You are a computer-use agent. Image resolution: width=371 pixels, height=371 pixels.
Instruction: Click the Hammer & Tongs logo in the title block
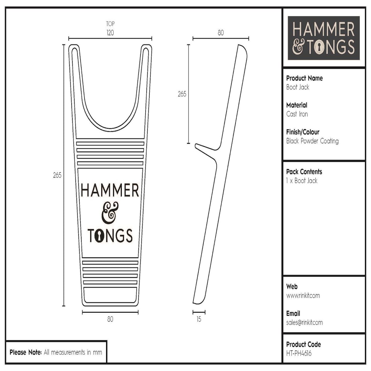[323, 38]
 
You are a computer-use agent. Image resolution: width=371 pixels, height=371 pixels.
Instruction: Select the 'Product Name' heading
[304, 78]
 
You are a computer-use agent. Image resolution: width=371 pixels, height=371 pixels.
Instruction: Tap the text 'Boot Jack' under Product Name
[298, 87]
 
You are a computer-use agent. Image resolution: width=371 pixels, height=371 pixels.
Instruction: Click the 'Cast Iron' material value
[297, 114]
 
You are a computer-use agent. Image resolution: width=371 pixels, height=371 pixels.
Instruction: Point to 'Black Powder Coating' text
[312, 141]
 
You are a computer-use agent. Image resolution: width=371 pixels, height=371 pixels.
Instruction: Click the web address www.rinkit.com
[303, 296]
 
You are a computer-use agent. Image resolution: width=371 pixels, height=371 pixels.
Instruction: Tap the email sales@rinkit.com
[304, 322]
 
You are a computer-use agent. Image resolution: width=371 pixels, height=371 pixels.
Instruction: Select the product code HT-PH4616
[299, 353]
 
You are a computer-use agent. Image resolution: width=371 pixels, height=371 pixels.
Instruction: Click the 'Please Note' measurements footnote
[56, 352]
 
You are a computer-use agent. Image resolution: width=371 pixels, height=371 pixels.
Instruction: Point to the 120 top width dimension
[110, 33]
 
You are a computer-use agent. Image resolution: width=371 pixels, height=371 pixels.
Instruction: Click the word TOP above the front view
[110, 24]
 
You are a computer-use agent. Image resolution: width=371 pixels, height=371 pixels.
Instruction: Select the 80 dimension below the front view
[110, 319]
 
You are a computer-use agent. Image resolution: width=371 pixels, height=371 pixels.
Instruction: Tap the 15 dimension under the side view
[199, 319]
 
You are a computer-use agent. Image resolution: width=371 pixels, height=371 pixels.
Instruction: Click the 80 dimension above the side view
[220, 33]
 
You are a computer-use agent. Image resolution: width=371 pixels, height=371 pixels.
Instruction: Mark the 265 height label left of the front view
[57, 175]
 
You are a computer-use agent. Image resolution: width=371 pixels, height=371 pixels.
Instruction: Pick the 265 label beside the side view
[182, 94]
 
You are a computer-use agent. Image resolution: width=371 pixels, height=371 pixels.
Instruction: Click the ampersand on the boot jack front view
[110, 213]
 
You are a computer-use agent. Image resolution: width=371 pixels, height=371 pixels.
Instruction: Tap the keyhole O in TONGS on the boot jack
[99, 235]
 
